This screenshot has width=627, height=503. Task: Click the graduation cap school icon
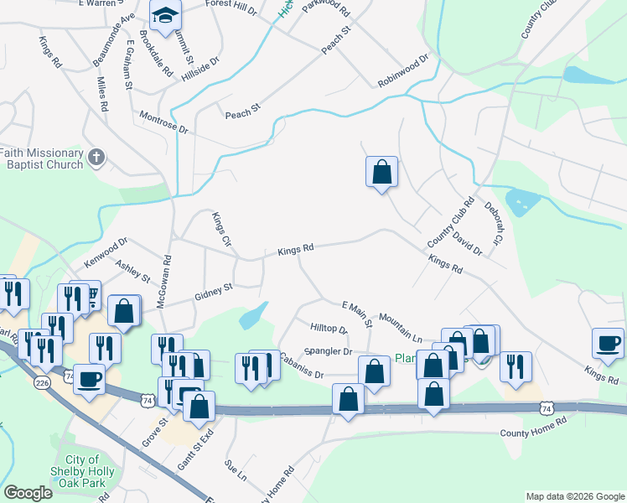coord(166,14)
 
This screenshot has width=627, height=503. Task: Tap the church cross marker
coord(97,157)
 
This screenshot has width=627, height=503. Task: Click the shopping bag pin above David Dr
coord(381,172)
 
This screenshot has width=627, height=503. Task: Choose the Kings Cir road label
coord(221,227)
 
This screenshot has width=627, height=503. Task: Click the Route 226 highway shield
coord(41,382)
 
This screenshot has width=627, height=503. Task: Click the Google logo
coord(28,493)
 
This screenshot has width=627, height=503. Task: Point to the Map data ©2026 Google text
coord(575,496)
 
